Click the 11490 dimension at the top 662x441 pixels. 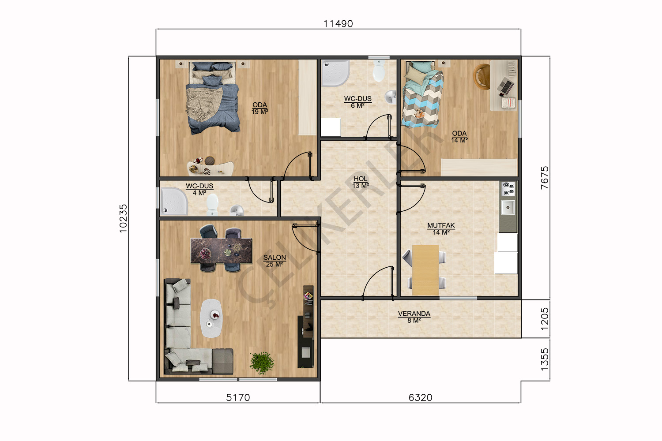tap(338, 23)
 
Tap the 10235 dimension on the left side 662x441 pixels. tap(123, 218)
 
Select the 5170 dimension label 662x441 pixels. tap(238, 398)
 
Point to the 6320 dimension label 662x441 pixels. tap(420, 398)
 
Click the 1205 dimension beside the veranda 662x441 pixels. tap(544, 319)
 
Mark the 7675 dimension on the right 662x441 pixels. tap(544, 178)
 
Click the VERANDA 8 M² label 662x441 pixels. tap(414, 317)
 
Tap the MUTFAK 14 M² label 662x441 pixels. tap(441, 229)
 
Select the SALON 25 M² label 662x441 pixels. tap(275, 261)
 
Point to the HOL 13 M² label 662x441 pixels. tap(361, 182)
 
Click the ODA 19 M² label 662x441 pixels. tap(260, 108)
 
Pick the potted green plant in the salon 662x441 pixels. tap(262, 363)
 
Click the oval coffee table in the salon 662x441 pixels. tap(211, 318)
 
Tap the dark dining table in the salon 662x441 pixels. tap(221, 250)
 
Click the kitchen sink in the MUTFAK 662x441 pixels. tap(508, 207)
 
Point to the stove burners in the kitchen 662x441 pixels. tap(508, 189)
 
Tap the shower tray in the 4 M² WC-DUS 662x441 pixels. tap(174, 201)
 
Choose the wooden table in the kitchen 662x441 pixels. tap(425, 270)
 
